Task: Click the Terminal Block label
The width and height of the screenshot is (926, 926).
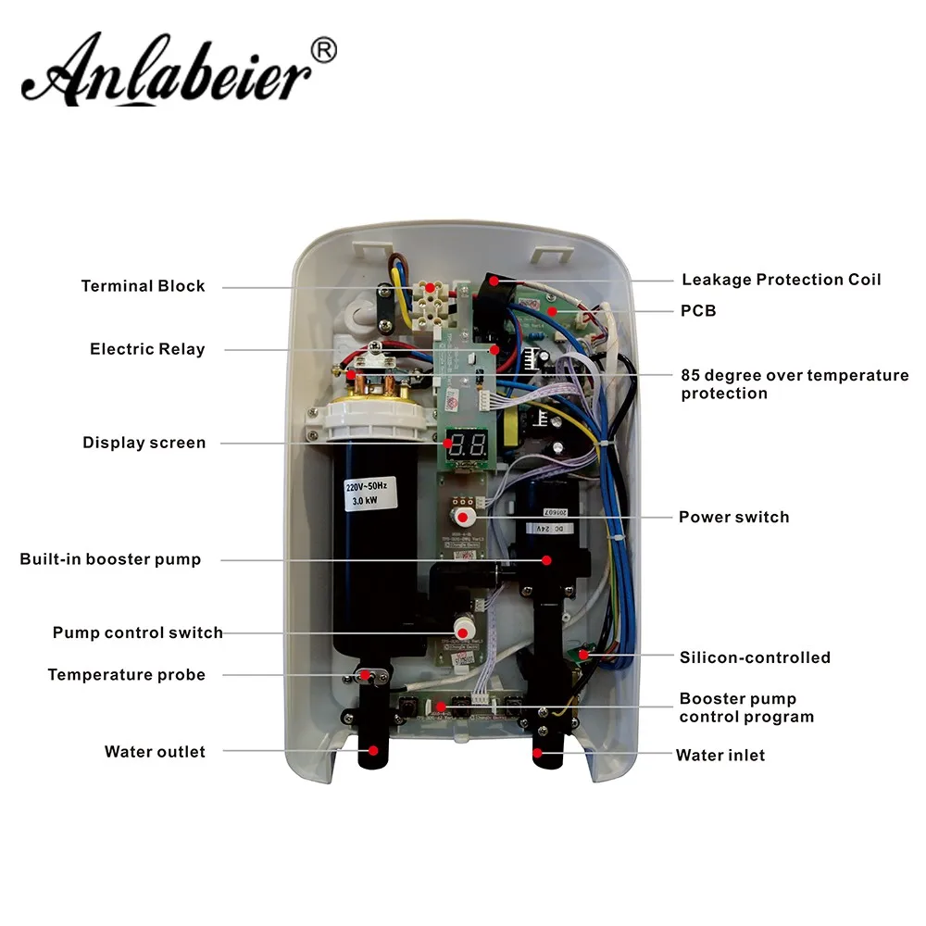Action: [143, 286]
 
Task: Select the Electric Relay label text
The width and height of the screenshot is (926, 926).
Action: [147, 349]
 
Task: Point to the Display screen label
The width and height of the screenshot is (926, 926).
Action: [144, 443]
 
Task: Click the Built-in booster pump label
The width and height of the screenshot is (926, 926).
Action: [110, 559]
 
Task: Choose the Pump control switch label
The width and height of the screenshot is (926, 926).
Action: [137, 633]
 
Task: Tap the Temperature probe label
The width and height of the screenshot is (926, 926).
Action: [127, 675]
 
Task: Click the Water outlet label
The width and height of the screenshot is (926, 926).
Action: [155, 752]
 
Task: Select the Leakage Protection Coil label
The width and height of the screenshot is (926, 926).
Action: [782, 280]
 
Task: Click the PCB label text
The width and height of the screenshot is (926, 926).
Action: [698, 311]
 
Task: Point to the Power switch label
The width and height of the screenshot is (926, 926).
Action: [733, 517]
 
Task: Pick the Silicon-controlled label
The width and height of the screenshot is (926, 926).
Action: [755, 657]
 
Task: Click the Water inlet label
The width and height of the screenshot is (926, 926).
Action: [720, 756]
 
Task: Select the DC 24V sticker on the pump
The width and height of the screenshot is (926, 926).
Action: [550, 529]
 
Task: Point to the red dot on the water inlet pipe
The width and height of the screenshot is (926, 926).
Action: [538, 753]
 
